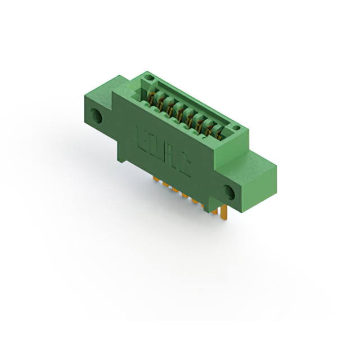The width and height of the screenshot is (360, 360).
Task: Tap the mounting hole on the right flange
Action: (229, 192)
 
